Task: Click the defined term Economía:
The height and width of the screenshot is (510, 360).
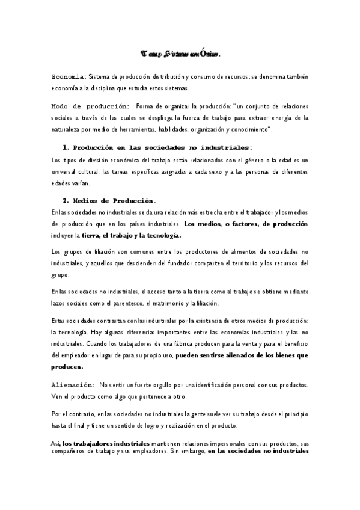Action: click(69, 77)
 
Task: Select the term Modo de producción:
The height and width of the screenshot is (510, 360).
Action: click(90, 106)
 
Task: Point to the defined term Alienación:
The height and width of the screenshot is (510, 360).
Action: click(72, 384)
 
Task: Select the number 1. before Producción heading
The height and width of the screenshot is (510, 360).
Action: click(66, 147)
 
